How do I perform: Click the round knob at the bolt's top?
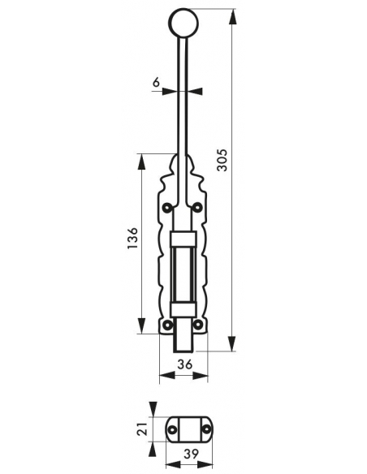tap(183, 23)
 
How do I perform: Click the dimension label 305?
tap(222, 160)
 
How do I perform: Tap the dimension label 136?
tap(132, 238)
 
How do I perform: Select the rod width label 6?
tap(156, 82)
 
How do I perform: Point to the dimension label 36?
tap(184, 364)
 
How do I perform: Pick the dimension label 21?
tap(142, 429)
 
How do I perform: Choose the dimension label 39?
tap(191, 454)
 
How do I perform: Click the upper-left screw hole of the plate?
tap(167, 208)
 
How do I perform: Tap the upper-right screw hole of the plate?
tap(197, 208)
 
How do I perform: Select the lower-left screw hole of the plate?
tap(167, 325)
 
